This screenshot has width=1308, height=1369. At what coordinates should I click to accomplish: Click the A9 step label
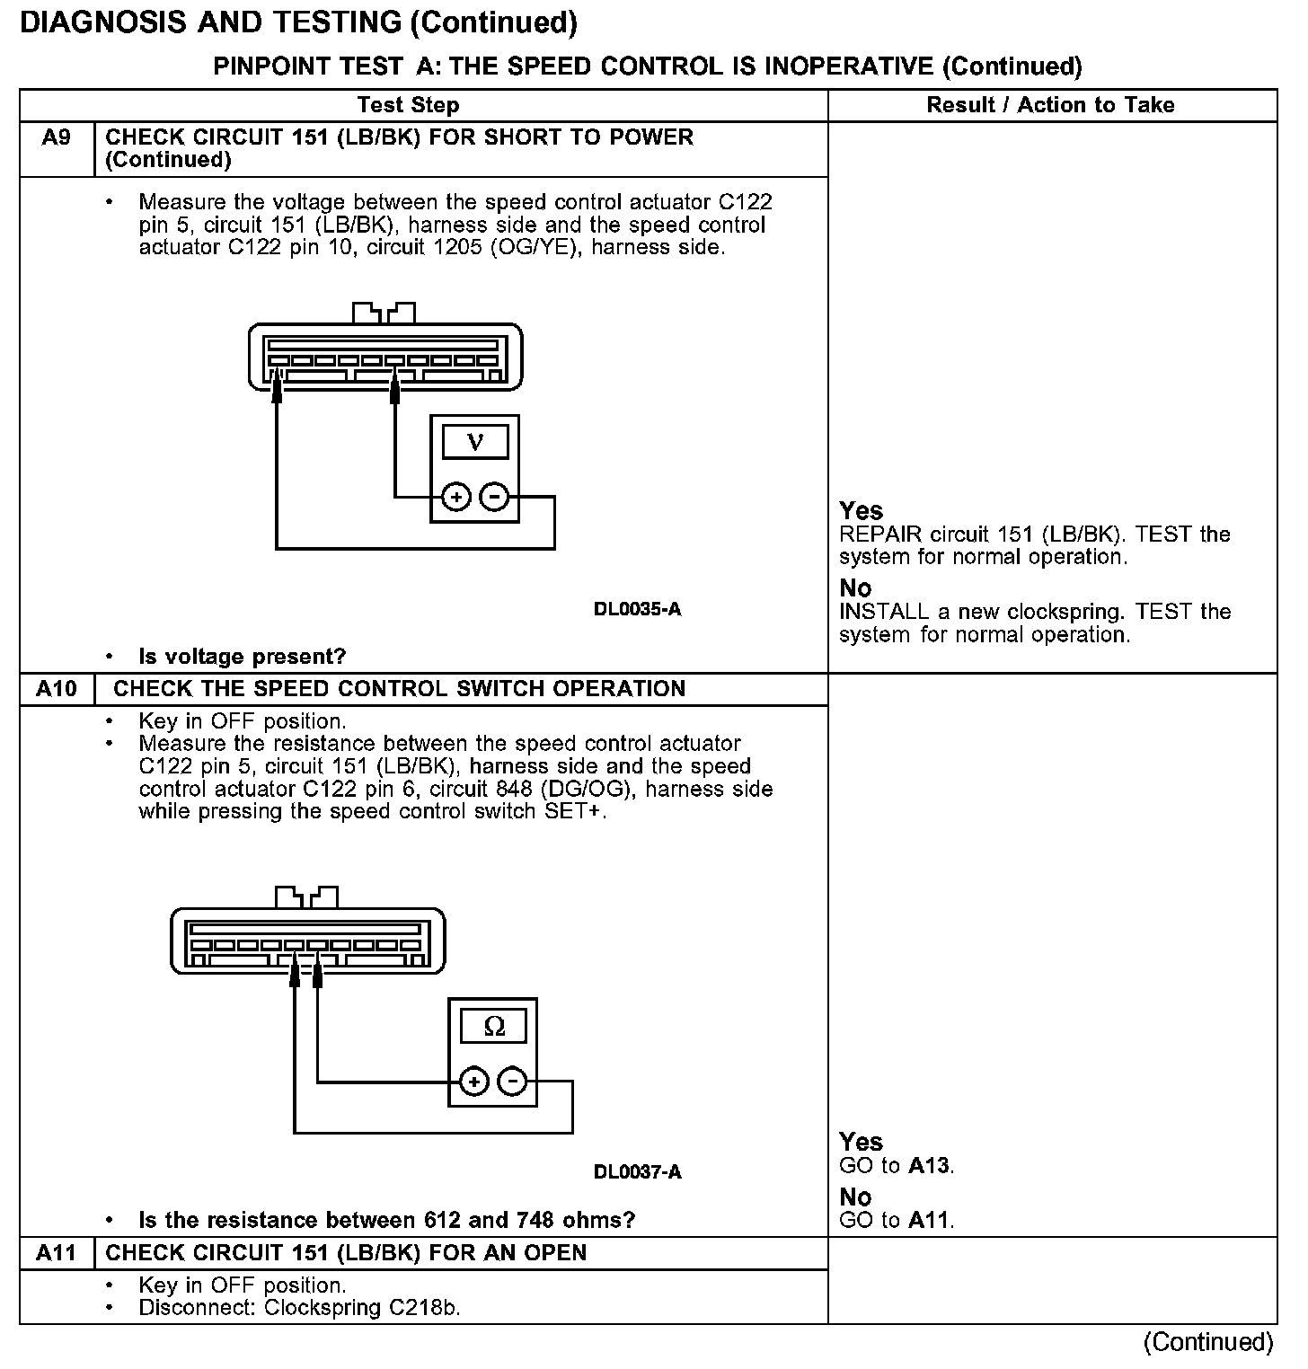(56, 137)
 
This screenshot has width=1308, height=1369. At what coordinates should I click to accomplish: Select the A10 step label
(56, 689)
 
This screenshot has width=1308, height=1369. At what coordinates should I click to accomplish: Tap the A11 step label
(56, 1252)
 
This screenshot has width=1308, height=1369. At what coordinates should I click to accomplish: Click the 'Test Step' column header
(408, 105)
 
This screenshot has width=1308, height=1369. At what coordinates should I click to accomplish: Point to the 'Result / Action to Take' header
(1050, 105)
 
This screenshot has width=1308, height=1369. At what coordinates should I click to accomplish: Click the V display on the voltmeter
(475, 442)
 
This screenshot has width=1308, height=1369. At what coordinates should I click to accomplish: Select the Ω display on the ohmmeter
(493, 1026)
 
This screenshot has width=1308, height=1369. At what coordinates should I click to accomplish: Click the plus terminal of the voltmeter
(456, 497)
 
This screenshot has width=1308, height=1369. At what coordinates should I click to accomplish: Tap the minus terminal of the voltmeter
(494, 497)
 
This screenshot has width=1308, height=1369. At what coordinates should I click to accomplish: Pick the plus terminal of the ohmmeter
(474, 1082)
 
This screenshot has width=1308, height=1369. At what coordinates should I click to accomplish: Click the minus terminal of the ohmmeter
(512, 1082)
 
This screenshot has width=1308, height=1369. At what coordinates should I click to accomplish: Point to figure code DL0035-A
(637, 609)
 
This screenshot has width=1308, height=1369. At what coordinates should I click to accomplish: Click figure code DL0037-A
(637, 1171)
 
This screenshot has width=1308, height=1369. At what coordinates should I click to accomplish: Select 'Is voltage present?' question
(242, 657)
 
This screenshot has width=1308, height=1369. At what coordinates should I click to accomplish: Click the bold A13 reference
(928, 1166)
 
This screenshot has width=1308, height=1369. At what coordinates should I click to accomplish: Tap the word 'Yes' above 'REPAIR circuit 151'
(861, 511)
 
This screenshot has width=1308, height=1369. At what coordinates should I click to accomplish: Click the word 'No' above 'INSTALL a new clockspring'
(855, 588)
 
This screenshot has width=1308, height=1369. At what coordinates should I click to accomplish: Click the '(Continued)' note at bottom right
(1208, 1342)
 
